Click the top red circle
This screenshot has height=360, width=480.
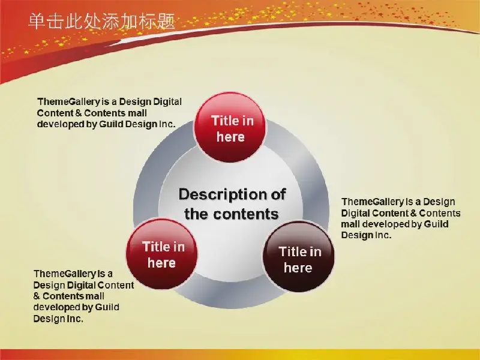(230, 127)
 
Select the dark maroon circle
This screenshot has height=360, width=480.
(298, 257)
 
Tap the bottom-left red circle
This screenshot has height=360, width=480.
(161, 254)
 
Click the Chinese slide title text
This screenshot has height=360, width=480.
(102, 22)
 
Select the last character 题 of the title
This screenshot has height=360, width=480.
(167, 22)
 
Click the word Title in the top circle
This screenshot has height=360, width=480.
(222, 121)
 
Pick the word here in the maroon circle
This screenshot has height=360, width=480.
(298, 268)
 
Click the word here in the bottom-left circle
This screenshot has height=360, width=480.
(161, 263)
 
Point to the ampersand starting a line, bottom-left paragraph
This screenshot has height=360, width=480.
(37, 296)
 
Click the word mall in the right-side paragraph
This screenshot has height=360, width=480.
(350, 224)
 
